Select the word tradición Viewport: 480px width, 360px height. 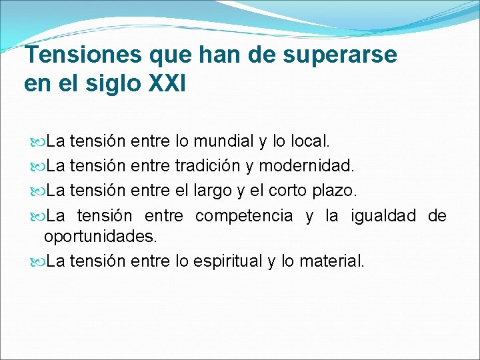(213, 165)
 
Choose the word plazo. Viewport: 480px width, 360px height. (336, 191)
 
